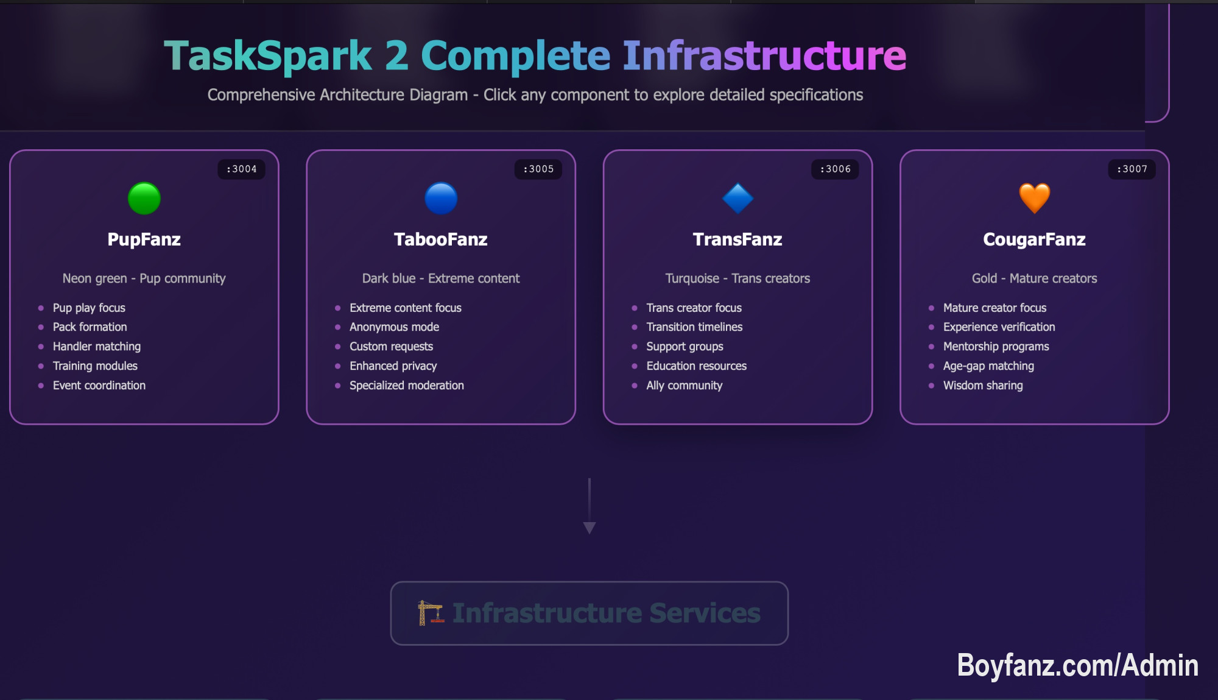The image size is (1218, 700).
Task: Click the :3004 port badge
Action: [x=241, y=169]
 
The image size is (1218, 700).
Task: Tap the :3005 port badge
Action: [x=538, y=169]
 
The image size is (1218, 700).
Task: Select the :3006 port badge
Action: [x=835, y=169]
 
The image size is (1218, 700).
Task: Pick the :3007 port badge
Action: [x=1132, y=169]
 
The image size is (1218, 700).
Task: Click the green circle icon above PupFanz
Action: [x=144, y=199]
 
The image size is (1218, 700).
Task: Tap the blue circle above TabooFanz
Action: [x=441, y=199]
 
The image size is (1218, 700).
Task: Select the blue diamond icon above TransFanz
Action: [x=737, y=199]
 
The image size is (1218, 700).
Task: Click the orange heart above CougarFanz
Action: [x=1034, y=199]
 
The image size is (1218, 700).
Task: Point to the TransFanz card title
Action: [x=737, y=239]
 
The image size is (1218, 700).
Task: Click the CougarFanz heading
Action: [x=1034, y=239]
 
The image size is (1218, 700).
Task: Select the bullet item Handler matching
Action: [x=96, y=347]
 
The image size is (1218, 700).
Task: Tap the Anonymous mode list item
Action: [x=394, y=327]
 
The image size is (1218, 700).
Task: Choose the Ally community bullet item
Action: [x=684, y=386]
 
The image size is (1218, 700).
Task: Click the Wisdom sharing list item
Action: [x=982, y=386]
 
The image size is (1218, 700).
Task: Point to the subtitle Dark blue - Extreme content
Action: [x=441, y=278]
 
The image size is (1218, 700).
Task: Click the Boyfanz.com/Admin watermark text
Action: [x=1077, y=665]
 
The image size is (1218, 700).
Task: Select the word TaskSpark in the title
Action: [x=268, y=56]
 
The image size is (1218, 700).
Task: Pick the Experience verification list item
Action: [x=999, y=327]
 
